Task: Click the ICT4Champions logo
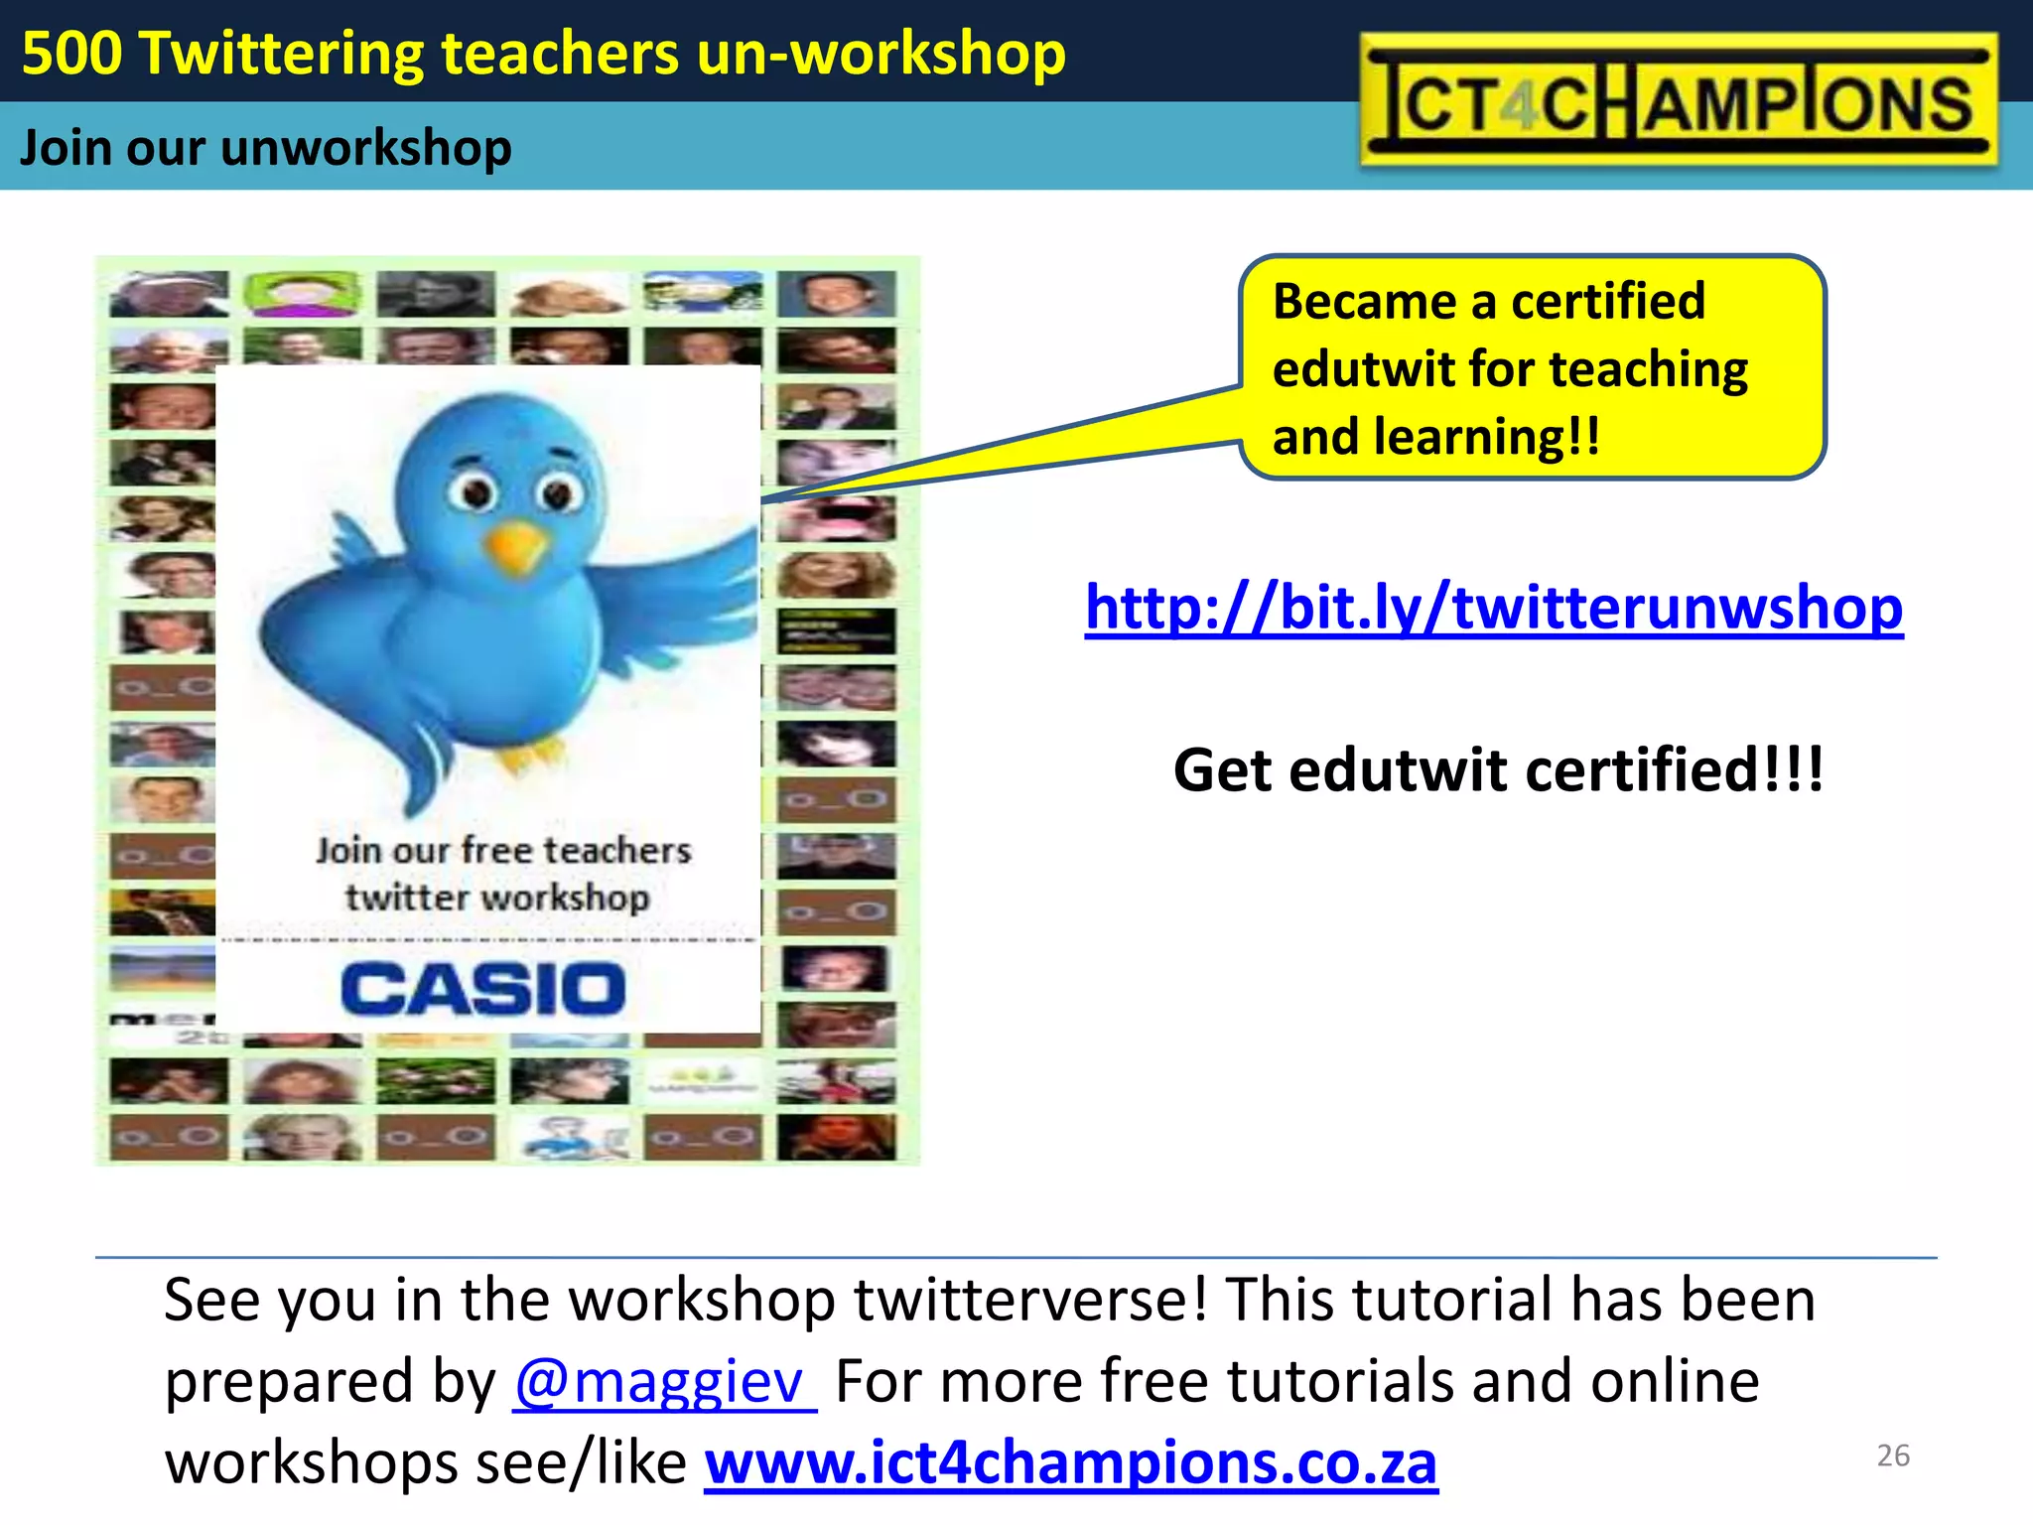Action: [1678, 100]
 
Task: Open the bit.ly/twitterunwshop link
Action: [1493, 607]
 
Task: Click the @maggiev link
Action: [663, 1381]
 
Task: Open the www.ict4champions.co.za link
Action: [1070, 1462]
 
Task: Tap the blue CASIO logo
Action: [483, 989]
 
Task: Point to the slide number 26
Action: [1893, 1456]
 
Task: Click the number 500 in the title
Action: [71, 53]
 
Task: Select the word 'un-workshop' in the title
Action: [881, 53]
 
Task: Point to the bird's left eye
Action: [474, 491]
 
